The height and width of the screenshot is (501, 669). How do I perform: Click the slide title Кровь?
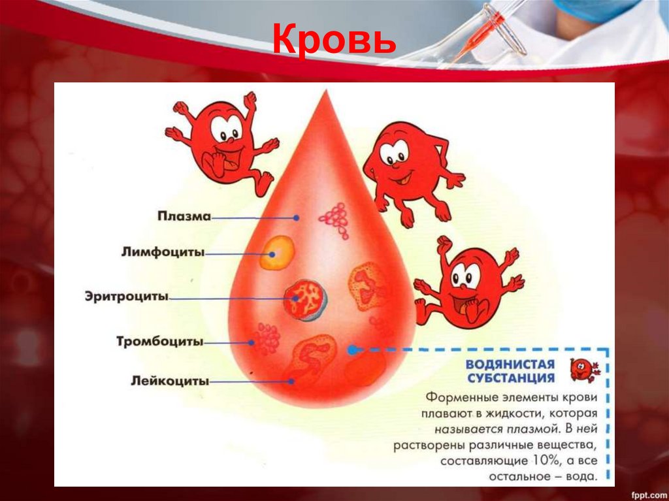334,40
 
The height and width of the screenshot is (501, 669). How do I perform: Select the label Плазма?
184,216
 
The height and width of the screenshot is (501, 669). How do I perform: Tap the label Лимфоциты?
163,252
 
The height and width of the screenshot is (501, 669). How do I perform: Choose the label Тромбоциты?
159,341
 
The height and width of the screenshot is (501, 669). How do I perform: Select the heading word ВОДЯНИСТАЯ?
510,364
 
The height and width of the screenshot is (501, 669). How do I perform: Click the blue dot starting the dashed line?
353,349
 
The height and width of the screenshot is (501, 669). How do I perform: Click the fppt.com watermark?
644,491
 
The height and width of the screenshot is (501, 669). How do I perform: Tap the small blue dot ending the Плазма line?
297,217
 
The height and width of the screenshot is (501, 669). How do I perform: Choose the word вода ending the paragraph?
581,477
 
